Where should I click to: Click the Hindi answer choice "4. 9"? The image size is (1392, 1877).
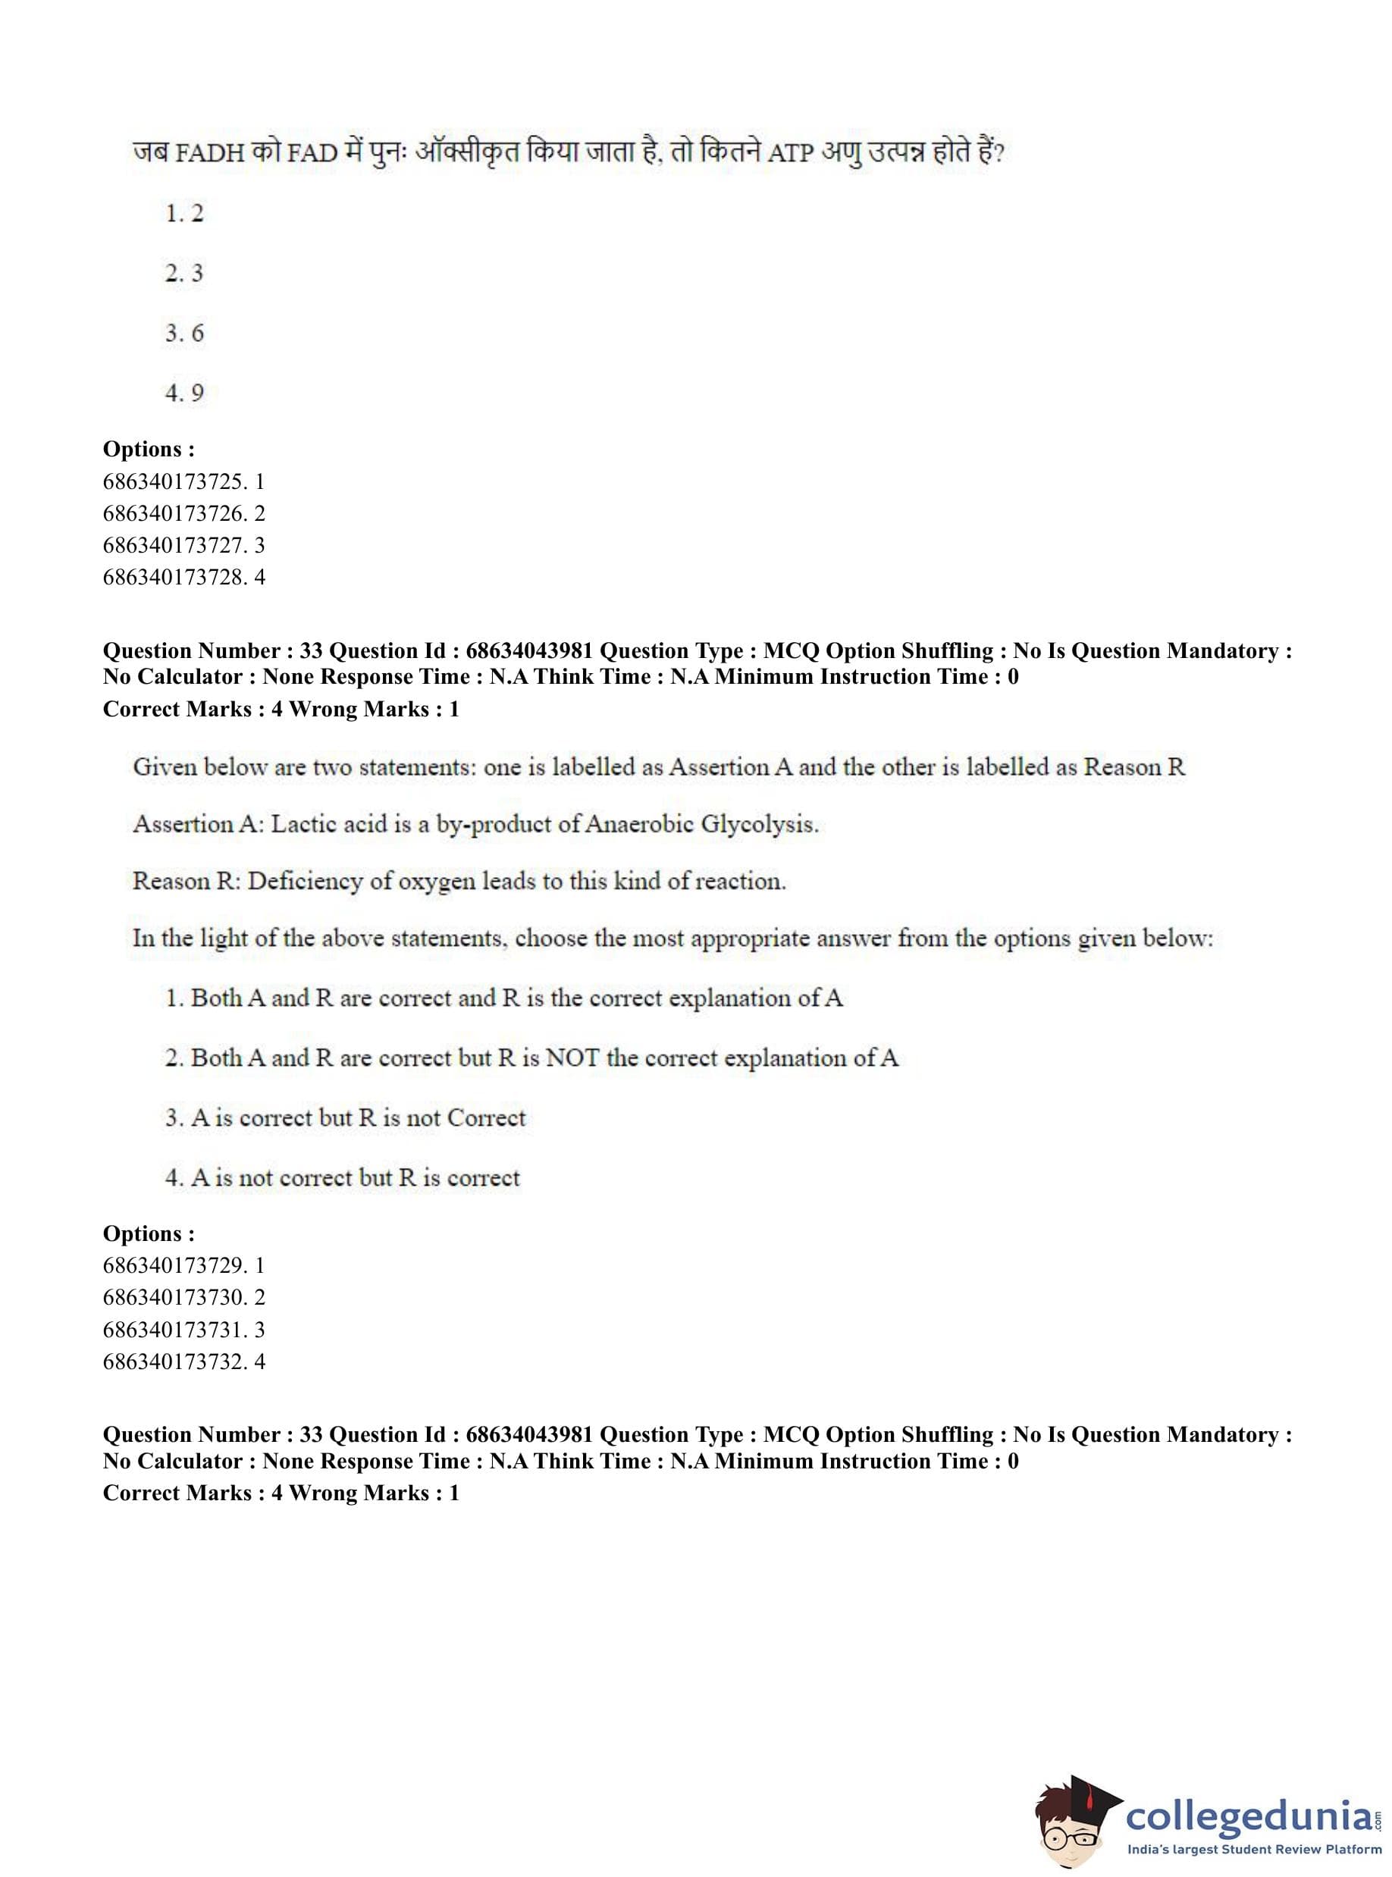coord(183,393)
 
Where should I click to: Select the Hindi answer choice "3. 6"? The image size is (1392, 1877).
coord(183,333)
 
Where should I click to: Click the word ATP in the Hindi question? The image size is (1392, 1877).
coord(790,154)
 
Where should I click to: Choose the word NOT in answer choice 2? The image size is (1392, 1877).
coord(572,1058)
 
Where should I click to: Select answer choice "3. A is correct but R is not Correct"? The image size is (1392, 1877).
coord(345,1118)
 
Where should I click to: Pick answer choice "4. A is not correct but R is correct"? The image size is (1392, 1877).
coord(342,1178)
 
